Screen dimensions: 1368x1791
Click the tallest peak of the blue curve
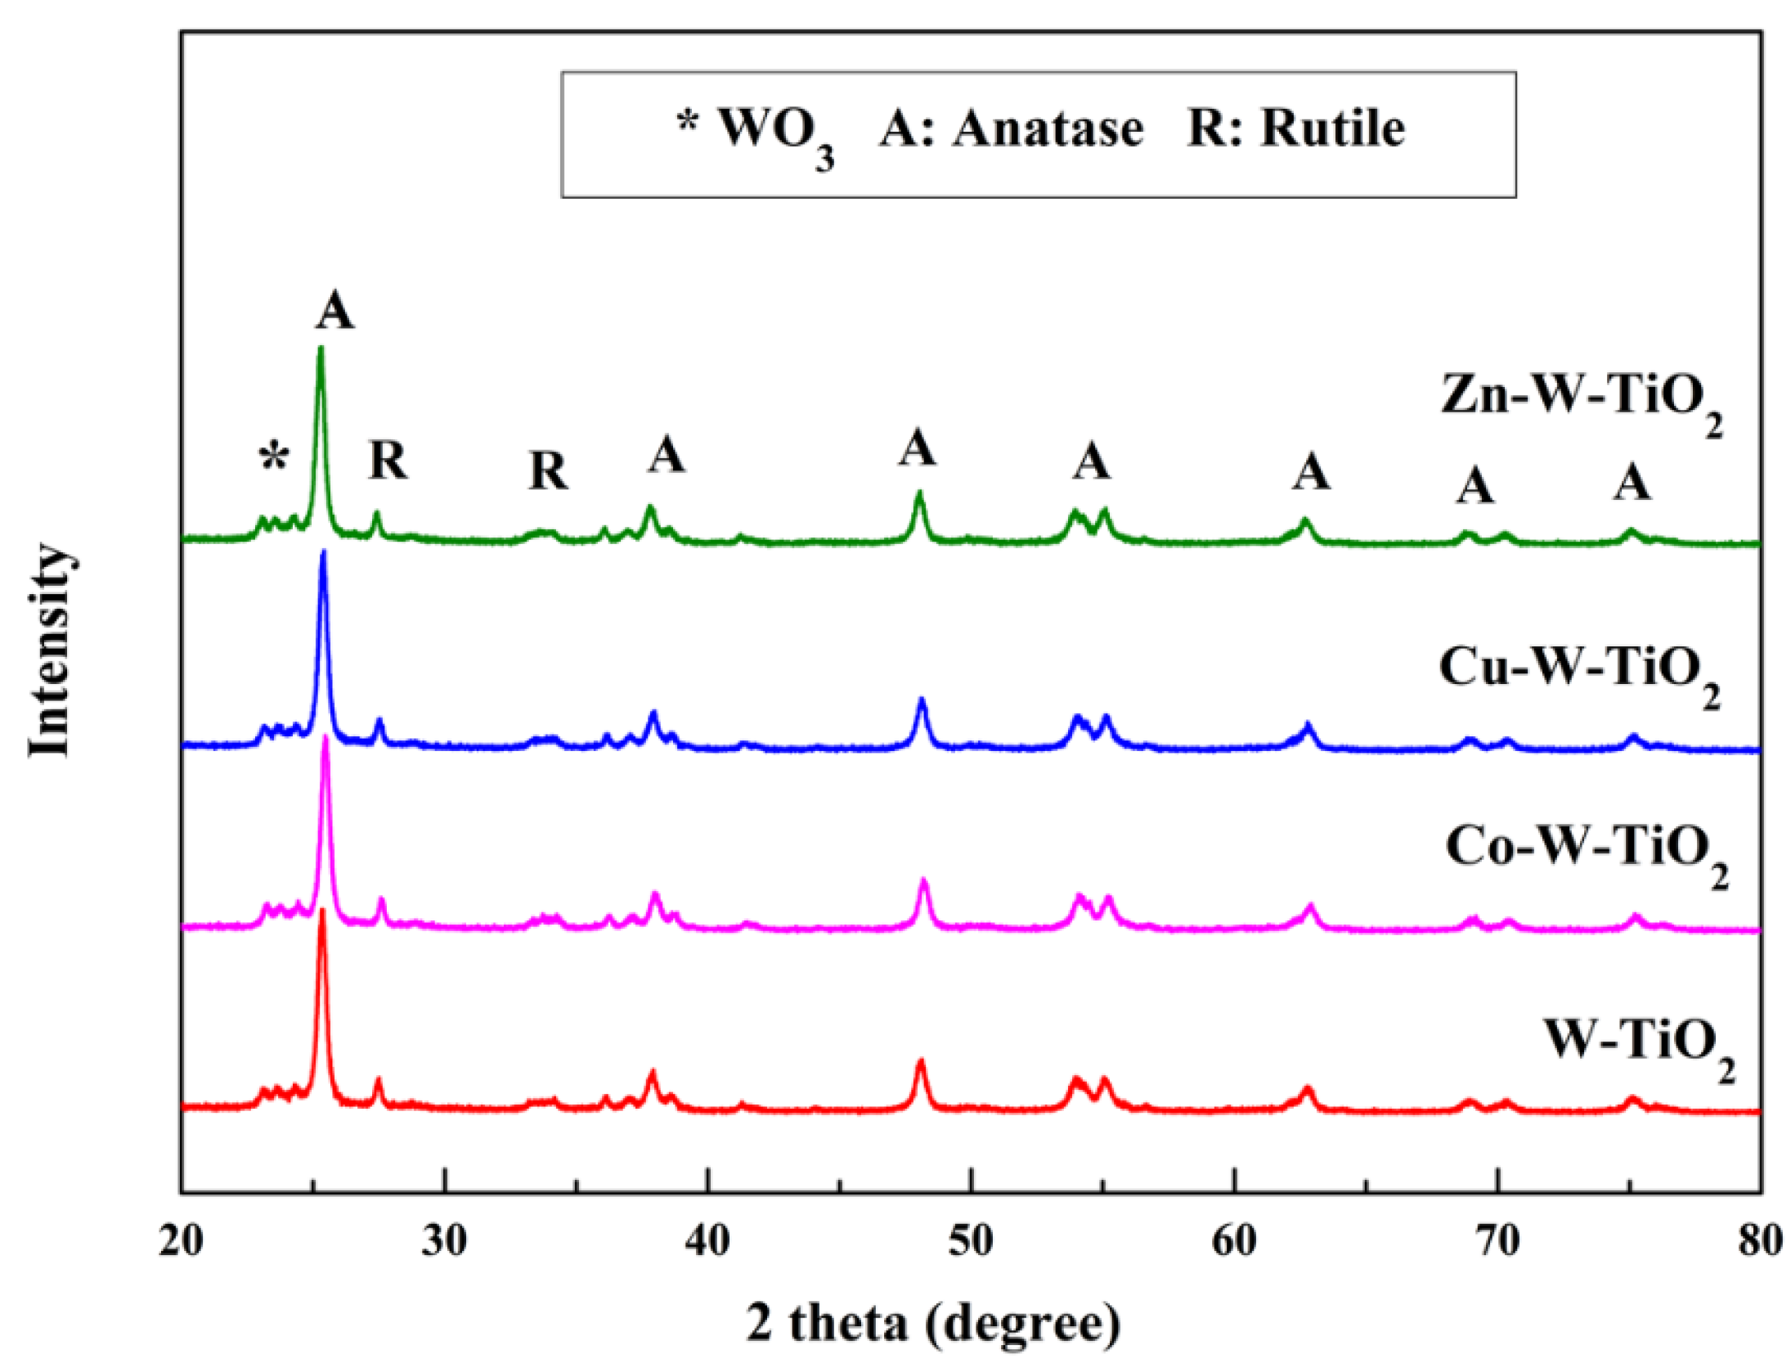coord(323,554)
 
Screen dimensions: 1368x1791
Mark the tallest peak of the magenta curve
coord(325,737)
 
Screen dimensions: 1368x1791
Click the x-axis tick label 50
coord(970,1242)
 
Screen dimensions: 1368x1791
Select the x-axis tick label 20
coord(182,1242)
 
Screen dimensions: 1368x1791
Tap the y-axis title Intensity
coord(51,650)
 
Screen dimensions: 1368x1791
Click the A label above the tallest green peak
coord(335,312)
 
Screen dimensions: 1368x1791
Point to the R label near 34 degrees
coord(548,471)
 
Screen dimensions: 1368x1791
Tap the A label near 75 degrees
coord(1632,483)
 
